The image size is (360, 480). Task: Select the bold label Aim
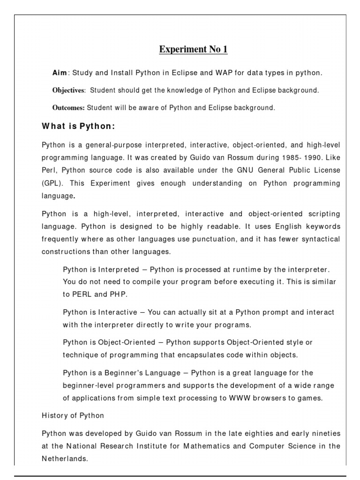60,73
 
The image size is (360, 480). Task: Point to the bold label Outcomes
68,108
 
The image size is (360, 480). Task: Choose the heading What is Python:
78,126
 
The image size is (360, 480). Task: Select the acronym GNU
238,170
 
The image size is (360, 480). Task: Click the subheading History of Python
73,415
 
